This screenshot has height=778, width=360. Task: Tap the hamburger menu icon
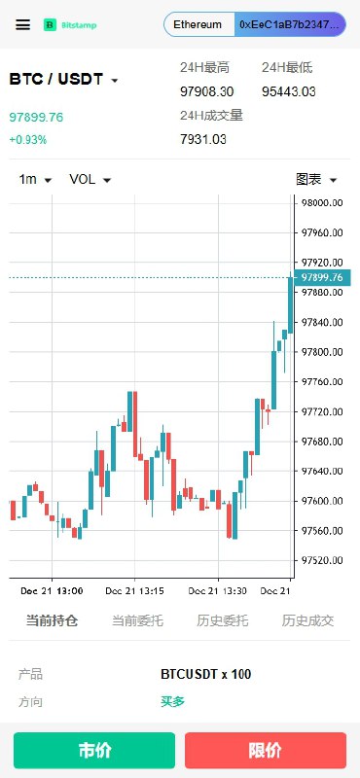click(x=22, y=25)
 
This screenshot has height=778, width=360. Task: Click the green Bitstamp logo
click(x=70, y=25)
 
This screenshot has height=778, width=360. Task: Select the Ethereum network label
click(x=198, y=25)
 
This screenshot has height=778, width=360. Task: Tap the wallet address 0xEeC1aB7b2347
click(x=291, y=25)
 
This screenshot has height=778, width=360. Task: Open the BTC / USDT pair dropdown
click(x=64, y=80)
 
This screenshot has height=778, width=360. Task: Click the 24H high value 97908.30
click(x=206, y=91)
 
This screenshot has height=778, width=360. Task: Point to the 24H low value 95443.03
click(x=289, y=91)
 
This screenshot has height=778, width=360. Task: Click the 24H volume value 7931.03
click(x=203, y=139)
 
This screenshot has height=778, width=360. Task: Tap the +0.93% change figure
click(x=28, y=140)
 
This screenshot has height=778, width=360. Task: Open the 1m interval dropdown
click(x=35, y=180)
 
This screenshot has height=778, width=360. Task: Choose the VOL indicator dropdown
click(x=90, y=180)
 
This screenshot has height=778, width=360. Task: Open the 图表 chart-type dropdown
click(x=316, y=180)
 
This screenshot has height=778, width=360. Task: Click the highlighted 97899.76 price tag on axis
click(x=322, y=277)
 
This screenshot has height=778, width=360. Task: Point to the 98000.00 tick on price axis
click(x=322, y=203)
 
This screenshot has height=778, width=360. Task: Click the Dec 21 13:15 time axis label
click(x=134, y=591)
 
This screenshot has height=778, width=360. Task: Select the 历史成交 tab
click(x=307, y=620)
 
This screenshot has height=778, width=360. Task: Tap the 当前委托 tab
click(x=137, y=620)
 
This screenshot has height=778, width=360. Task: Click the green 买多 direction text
click(x=173, y=701)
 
